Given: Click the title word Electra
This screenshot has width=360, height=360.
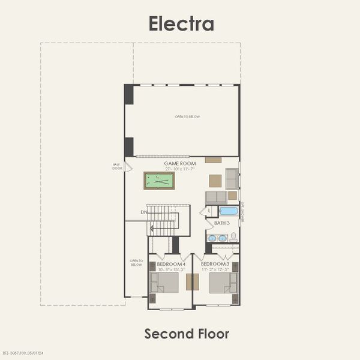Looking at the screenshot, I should pyautogui.click(x=181, y=23).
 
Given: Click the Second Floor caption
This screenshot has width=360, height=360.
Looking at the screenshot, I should pyautogui.click(x=187, y=333).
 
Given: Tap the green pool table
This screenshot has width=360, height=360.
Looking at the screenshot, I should pyautogui.click(x=159, y=181).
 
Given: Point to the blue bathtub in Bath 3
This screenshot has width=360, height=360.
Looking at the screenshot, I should pyautogui.click(x=229, y=211).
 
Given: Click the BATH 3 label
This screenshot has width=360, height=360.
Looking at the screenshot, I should pyautogui.click(x=222, y=223).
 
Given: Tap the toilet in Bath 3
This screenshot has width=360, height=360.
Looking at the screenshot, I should pyautogui.click(x=233, y=238).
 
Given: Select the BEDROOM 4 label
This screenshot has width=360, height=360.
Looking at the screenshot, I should pyautogui.click(x=171, y=265).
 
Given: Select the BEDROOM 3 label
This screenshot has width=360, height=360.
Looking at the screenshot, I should pyautogui.click(x=215, y=265).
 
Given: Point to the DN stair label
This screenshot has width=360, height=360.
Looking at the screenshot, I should pyautogui.click(x=144, y=212).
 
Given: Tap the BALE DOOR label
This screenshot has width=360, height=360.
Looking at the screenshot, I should pyautogui.click(x=117, y=166).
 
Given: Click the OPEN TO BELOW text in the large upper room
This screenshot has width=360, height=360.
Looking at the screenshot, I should pyautogui.click(x=187, y=117).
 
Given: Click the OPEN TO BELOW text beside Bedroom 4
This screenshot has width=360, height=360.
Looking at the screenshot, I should pyautogui.click(x=137, y=262).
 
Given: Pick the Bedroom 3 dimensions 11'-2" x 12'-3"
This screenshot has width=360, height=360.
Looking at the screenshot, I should pyautogui.click(x=215, y=270).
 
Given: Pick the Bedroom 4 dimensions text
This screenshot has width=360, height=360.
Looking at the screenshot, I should pyautogui.click(x=171, y=270).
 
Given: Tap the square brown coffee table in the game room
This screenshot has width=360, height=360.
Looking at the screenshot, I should pyautogui.click(x=215, y=181).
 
